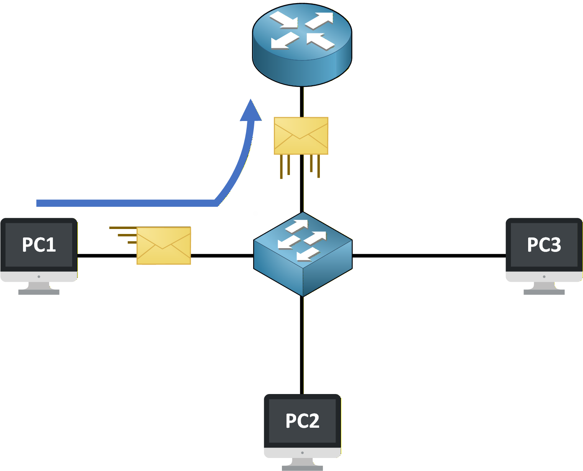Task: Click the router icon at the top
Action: pyautogui.click(x=302, y=44)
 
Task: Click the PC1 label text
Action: pyautogui.click(x=39, y=245)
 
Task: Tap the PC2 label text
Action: pyautogui.click(x=302, y=421)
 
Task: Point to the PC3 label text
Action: pyautogui.click(x=544, y=245)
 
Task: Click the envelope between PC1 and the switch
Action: pyautogui.click(x=164, y=245)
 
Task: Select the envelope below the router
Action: pyautogui.click(x=301, y=136)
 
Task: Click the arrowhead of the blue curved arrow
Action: pyautogui.click(x=251, y=111)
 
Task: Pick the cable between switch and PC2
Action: pyautogui.click(x=302, y=345)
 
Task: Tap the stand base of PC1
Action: pyautogui.click(x=39, y=292)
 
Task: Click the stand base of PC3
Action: pyautogui.click(x=544, y=292)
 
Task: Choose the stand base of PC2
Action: pyautogui.click(x=302, y=468)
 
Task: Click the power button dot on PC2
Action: pyautogui.click(x=302, y=453)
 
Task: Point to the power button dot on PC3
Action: pyautogui.click(x=544, y=276)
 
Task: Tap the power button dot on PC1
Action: pyautogui.click(x=39, y=276)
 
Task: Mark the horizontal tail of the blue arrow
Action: pyautogui.click(x=127, y=203)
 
